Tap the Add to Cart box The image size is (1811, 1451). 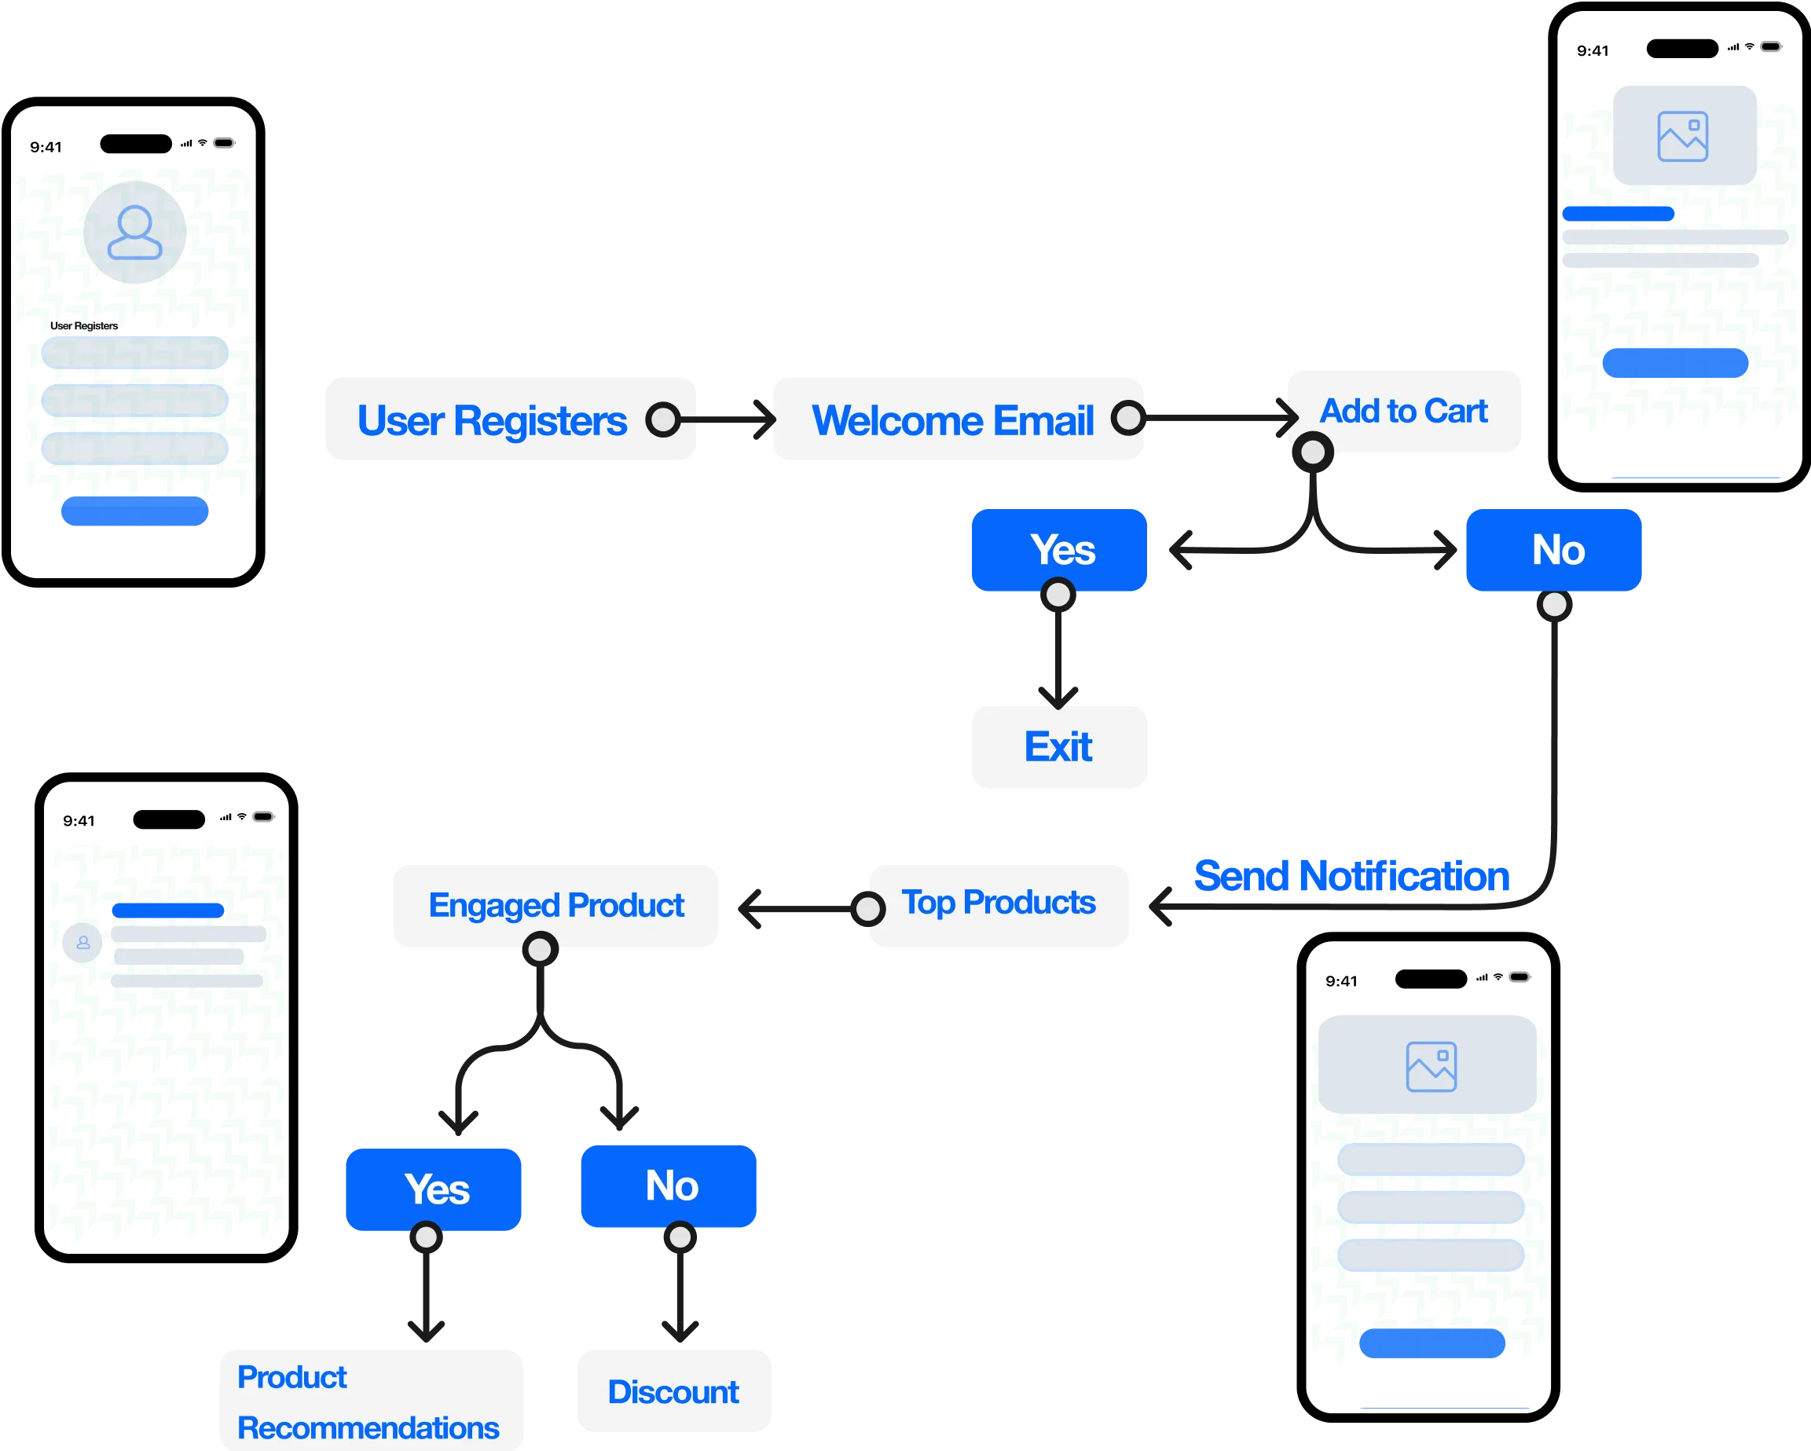1403,411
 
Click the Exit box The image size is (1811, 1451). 1058,746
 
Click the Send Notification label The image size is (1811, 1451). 1352,876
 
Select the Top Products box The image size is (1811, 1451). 999,903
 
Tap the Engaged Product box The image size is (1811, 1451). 556,905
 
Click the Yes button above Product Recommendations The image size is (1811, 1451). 434,1188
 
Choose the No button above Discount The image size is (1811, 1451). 669,1185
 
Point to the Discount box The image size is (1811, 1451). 673,1391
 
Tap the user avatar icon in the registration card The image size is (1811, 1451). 134,233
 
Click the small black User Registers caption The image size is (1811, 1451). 84,326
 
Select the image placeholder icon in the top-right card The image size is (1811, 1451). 1682,136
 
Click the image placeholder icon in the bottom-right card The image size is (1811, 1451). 1432,1066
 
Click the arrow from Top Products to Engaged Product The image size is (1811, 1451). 794,910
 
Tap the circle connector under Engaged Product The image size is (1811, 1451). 540,950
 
